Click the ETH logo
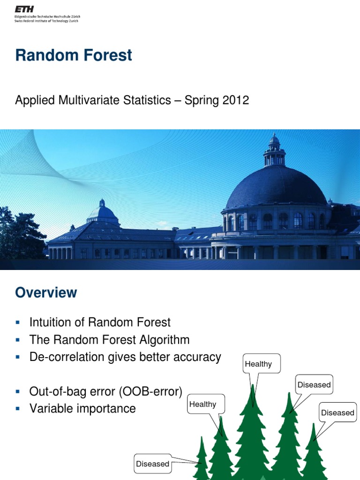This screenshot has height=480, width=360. point(27,9)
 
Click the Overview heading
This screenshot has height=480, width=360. point(46,292)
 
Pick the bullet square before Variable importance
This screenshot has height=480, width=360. point(18,408)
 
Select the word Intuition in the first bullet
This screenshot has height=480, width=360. point(50,322)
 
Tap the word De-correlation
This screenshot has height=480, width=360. point(64,357)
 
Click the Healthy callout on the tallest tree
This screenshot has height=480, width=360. point(258,364)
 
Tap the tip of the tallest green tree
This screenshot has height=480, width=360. point(253,387)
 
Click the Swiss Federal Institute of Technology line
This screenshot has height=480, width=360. point(47,21)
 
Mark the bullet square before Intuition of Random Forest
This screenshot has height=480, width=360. point(18,322)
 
